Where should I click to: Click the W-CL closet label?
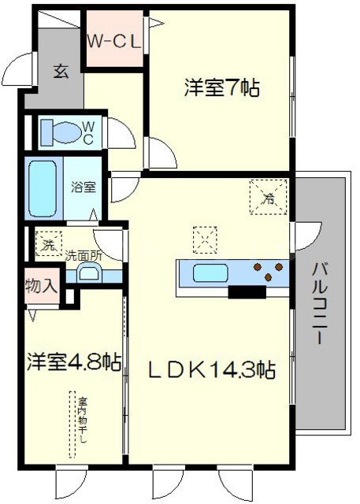click(114, 42)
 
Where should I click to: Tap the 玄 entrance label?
click(60, 71)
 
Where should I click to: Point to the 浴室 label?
click(83, 187)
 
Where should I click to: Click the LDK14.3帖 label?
click(208, 369)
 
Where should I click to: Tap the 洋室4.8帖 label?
click(75, 363)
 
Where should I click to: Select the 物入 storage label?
click(41, 285)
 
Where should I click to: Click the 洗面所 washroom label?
click(83, 255)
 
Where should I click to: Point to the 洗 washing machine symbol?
click(48, 244)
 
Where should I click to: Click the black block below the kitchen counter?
click(246, 292)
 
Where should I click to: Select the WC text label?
click(87, 132)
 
